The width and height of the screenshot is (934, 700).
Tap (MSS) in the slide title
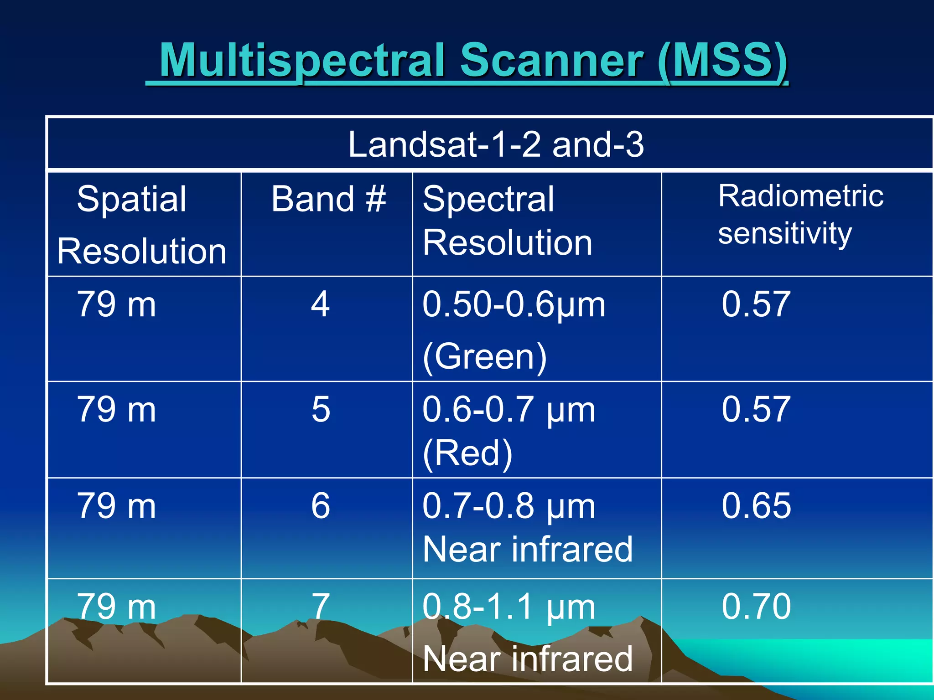pos(723,61)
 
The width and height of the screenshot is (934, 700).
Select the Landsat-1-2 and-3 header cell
pos(496,144)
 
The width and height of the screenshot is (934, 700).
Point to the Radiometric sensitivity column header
pos(800,214)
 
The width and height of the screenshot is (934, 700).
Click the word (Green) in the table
pos(484,356)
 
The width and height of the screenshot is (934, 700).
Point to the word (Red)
pos(467,453)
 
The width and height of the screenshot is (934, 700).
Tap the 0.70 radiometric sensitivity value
pos(756,607)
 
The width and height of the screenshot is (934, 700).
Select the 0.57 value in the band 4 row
pos(756,304)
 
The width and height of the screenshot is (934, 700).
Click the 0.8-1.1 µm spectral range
pos(509,607)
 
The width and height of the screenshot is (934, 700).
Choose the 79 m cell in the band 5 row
pos(117,409)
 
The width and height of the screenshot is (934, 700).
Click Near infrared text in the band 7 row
pos(528,659)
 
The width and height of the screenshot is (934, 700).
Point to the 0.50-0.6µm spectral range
pos(514,304)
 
